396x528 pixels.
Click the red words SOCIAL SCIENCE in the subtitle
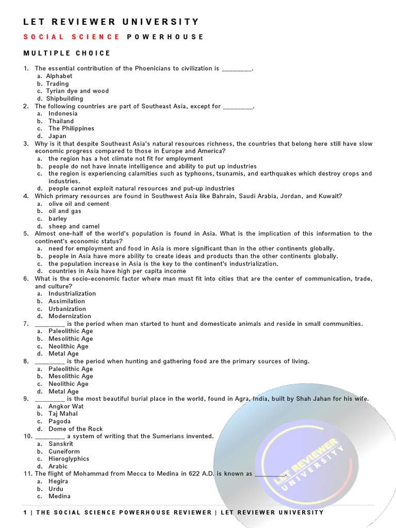[x=72, y=37]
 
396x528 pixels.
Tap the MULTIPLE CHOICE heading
[x=67, y=53]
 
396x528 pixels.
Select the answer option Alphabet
[x=60, y=76]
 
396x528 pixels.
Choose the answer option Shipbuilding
[x=64, y=98]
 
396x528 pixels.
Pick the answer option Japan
[x=57, y=136]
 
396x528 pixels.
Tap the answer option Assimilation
[x=67, y=301]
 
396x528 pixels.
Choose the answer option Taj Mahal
[x=63, y=414]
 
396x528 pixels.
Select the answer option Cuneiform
[x=64, y=451]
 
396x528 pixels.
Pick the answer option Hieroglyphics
[x=69, y=459]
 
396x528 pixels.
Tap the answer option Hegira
[x=58, y=481]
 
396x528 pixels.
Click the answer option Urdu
[x=56, y=489]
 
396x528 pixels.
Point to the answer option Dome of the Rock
[x=76, y=429]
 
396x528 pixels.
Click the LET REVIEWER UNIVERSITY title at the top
[x=111, y=22]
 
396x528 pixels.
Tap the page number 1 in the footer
[x=25, y=512]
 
